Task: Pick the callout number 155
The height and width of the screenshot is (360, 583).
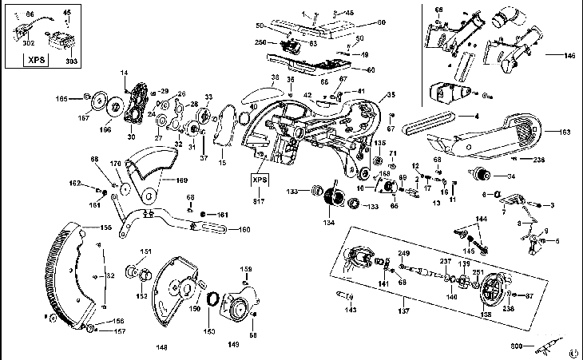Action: coord(105,227)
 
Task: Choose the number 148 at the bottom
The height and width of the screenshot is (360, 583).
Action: coord(162,346)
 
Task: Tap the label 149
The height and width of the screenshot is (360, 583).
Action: coord(234,345)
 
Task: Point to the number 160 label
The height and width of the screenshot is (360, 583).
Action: coord(244,230)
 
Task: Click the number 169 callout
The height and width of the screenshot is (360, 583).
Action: coord(181,180)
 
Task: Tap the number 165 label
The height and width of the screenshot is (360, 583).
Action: coord(84,98)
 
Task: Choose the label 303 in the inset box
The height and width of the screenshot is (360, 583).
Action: coord(71,61)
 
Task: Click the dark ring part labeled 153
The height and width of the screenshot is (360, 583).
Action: coord(213,299)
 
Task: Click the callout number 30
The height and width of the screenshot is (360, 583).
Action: coord(131,136)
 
